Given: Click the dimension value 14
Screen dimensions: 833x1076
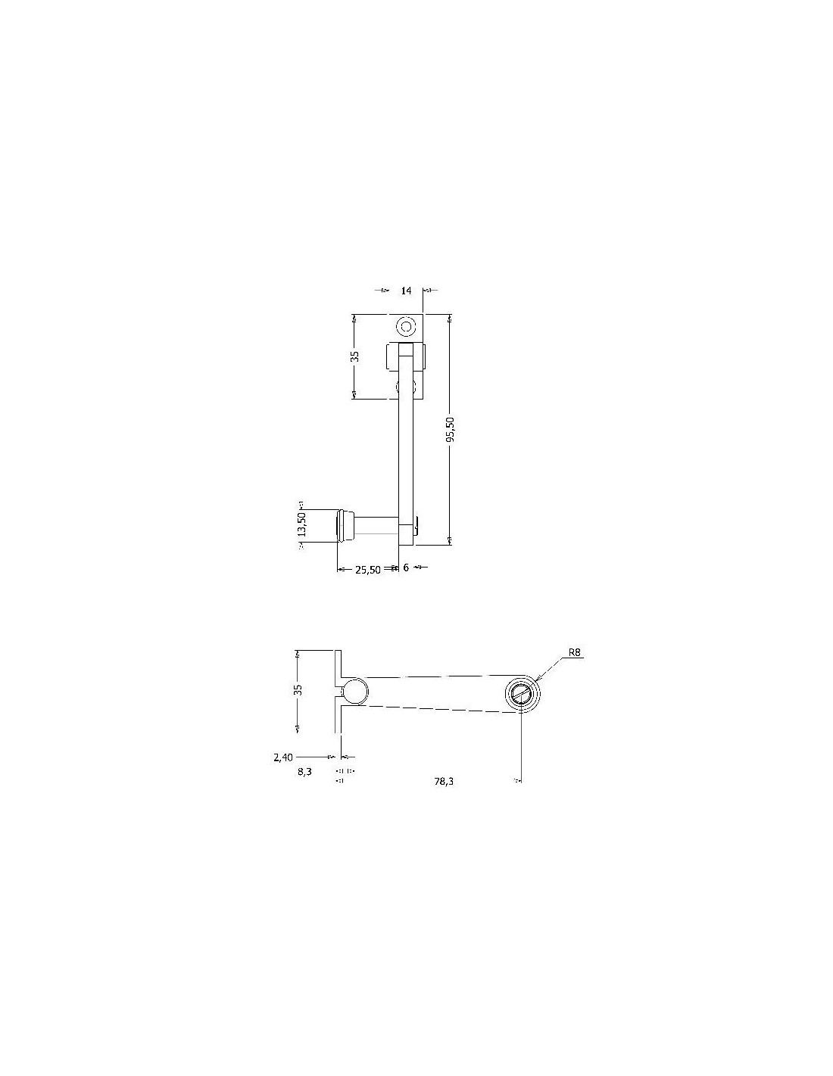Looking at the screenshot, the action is [406, 291].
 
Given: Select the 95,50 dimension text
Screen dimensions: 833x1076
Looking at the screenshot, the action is [451, 429].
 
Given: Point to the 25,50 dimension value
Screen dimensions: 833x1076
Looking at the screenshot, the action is [368, 570].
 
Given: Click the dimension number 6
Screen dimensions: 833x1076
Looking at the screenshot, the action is [406, 568].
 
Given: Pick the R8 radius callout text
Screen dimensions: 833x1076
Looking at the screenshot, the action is [574, 652].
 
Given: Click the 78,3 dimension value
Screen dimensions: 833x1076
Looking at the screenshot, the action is [444, 782].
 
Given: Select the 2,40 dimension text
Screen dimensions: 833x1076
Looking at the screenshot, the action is [283, 757].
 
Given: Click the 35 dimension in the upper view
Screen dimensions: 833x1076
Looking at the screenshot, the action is [355, 356].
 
